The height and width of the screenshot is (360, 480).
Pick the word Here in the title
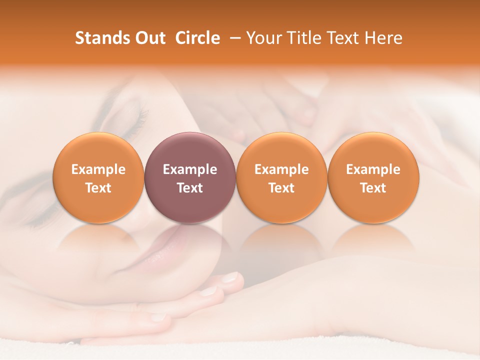tap(383, 38)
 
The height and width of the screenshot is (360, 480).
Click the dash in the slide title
tap(233, 38)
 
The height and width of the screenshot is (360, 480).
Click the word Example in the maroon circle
tap(190, 169)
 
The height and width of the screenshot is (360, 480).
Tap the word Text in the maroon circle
tap(190, 188)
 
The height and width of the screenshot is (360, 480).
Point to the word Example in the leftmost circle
tap(98, 169)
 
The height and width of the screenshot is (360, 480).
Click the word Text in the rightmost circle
tap(373, 188)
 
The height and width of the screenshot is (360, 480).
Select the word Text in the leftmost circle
tap(98, 188)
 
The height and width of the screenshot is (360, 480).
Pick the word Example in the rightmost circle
tap(373, 169)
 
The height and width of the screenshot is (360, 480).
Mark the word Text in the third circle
tap(281, 188)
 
